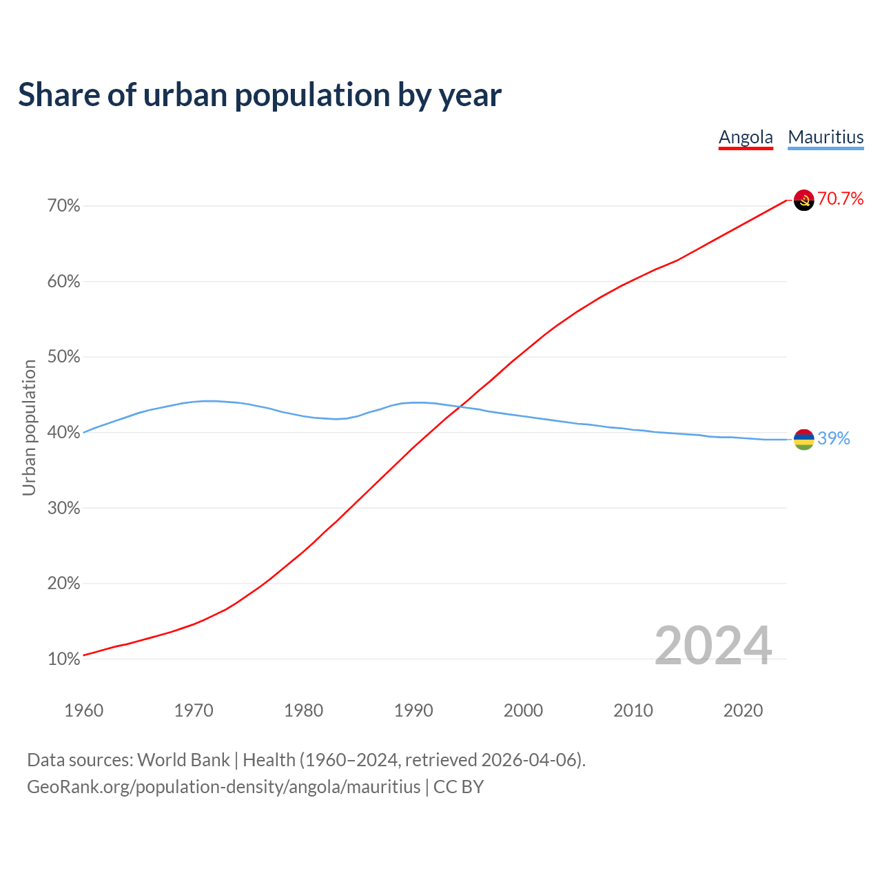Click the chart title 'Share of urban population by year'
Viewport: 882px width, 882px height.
[260, 95]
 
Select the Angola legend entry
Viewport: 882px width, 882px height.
[746, 137]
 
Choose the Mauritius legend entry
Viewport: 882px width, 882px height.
[825, 137]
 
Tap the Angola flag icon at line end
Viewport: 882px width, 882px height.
[804, 200]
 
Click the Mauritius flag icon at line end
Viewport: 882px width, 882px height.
[804, 439]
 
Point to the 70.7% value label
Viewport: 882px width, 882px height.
[840, 199]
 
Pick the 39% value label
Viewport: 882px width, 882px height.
[834, 439]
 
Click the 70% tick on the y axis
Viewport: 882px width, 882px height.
[64, 206]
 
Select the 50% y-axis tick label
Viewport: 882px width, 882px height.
[64, 357]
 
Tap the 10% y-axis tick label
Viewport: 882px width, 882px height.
[64, 659]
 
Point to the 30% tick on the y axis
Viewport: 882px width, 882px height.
[64, 509]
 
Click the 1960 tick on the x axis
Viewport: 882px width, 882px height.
[83, 710]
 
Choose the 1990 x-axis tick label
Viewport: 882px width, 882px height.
[413, 710]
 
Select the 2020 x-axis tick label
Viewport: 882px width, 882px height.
[743, 710]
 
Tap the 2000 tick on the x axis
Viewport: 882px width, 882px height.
[523, 710]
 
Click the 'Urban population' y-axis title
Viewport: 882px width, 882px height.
[29, 427]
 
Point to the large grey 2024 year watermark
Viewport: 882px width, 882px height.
[713, 646]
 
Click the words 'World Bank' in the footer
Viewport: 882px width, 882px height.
[183, 760]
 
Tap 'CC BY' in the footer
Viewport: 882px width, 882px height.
[458, 787]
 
